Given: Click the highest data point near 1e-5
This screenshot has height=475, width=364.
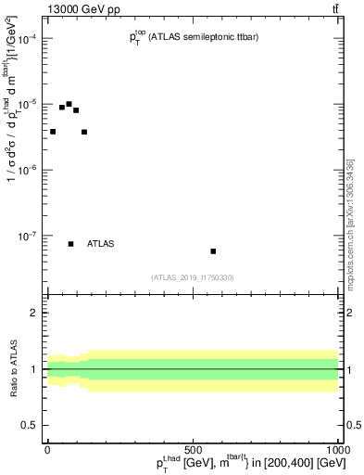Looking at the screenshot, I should [69, 104].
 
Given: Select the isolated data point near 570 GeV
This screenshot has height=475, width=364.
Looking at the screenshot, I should [213, 251].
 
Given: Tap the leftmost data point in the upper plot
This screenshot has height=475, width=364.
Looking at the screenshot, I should [53, 132].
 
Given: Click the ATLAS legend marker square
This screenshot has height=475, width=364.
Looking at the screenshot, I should [70, 244].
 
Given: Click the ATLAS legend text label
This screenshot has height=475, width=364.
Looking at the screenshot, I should [100, 244].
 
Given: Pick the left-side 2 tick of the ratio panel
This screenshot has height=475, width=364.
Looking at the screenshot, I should [34, 314].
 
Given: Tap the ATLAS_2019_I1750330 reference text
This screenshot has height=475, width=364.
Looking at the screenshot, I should [193, 277].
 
